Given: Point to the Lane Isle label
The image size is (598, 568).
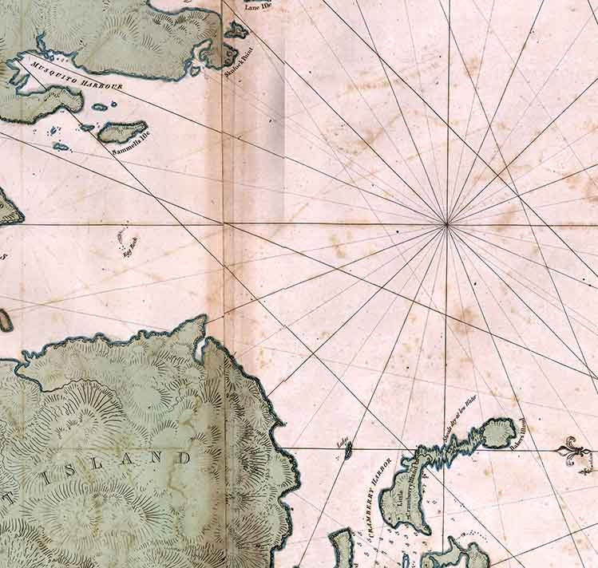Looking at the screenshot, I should pyautogui.click(x=260, y=7).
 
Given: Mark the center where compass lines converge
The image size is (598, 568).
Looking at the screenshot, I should pyautogui.click(x=446, y=226).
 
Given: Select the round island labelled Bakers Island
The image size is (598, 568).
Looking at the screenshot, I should pyautogui.click(x=499, y=432).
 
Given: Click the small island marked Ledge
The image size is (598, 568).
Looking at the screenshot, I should pyautogui.click(x=348, y=452).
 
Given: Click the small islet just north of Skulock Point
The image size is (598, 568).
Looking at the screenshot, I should pyautogui.click(x=236, y=31).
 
